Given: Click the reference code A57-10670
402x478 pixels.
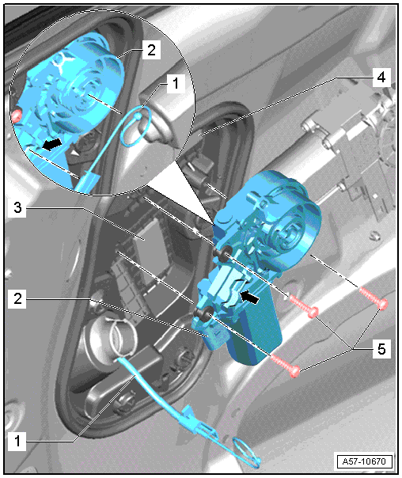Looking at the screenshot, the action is point(364,461).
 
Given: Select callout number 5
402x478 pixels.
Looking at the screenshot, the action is point(381,349).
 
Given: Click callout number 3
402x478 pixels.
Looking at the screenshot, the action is point(17,208).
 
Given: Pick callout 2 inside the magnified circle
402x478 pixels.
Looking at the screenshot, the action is point(151,50).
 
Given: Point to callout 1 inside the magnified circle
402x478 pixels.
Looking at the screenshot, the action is point(176,83).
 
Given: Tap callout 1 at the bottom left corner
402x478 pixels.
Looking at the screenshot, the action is point(17,441).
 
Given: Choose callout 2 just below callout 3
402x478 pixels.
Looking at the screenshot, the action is point(17,299).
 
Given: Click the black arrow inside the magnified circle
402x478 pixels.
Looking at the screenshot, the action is point(51,144).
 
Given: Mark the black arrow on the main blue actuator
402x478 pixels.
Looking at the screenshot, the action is point(249,297).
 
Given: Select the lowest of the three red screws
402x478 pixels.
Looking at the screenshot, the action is point(285,365).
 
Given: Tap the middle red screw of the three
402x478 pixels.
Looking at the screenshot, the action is point(304,305).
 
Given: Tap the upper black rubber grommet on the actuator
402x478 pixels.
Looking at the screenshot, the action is point(224,252).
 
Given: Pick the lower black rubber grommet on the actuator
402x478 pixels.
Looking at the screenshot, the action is point(204,313).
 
